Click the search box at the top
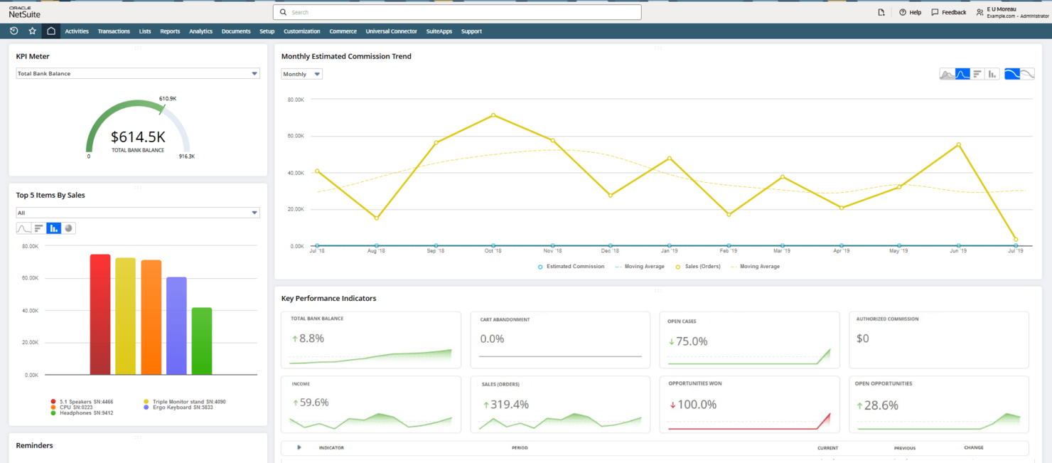tap(456, 12)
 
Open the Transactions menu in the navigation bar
tap(114, 31)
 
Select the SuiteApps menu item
tap(439, 31)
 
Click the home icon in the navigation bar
tap(51, 31)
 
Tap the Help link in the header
tap(910, 12)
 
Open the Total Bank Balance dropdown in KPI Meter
tap(138, 73)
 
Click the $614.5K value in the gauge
tap(138, 137)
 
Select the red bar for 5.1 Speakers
tap(100, 314)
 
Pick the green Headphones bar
tap(202, 341)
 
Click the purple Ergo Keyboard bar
tap(176, 326)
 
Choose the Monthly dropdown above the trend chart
tap(301, 74)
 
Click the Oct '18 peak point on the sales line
tap(493, 115)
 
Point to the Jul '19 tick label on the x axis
tap(1015, 251)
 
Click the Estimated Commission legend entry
tap(571, 267)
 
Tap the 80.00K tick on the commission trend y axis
tap(296, 100)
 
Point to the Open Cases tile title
tap(682, 321)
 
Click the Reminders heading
tap(34, 445)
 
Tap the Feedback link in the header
tap(949, 12)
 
